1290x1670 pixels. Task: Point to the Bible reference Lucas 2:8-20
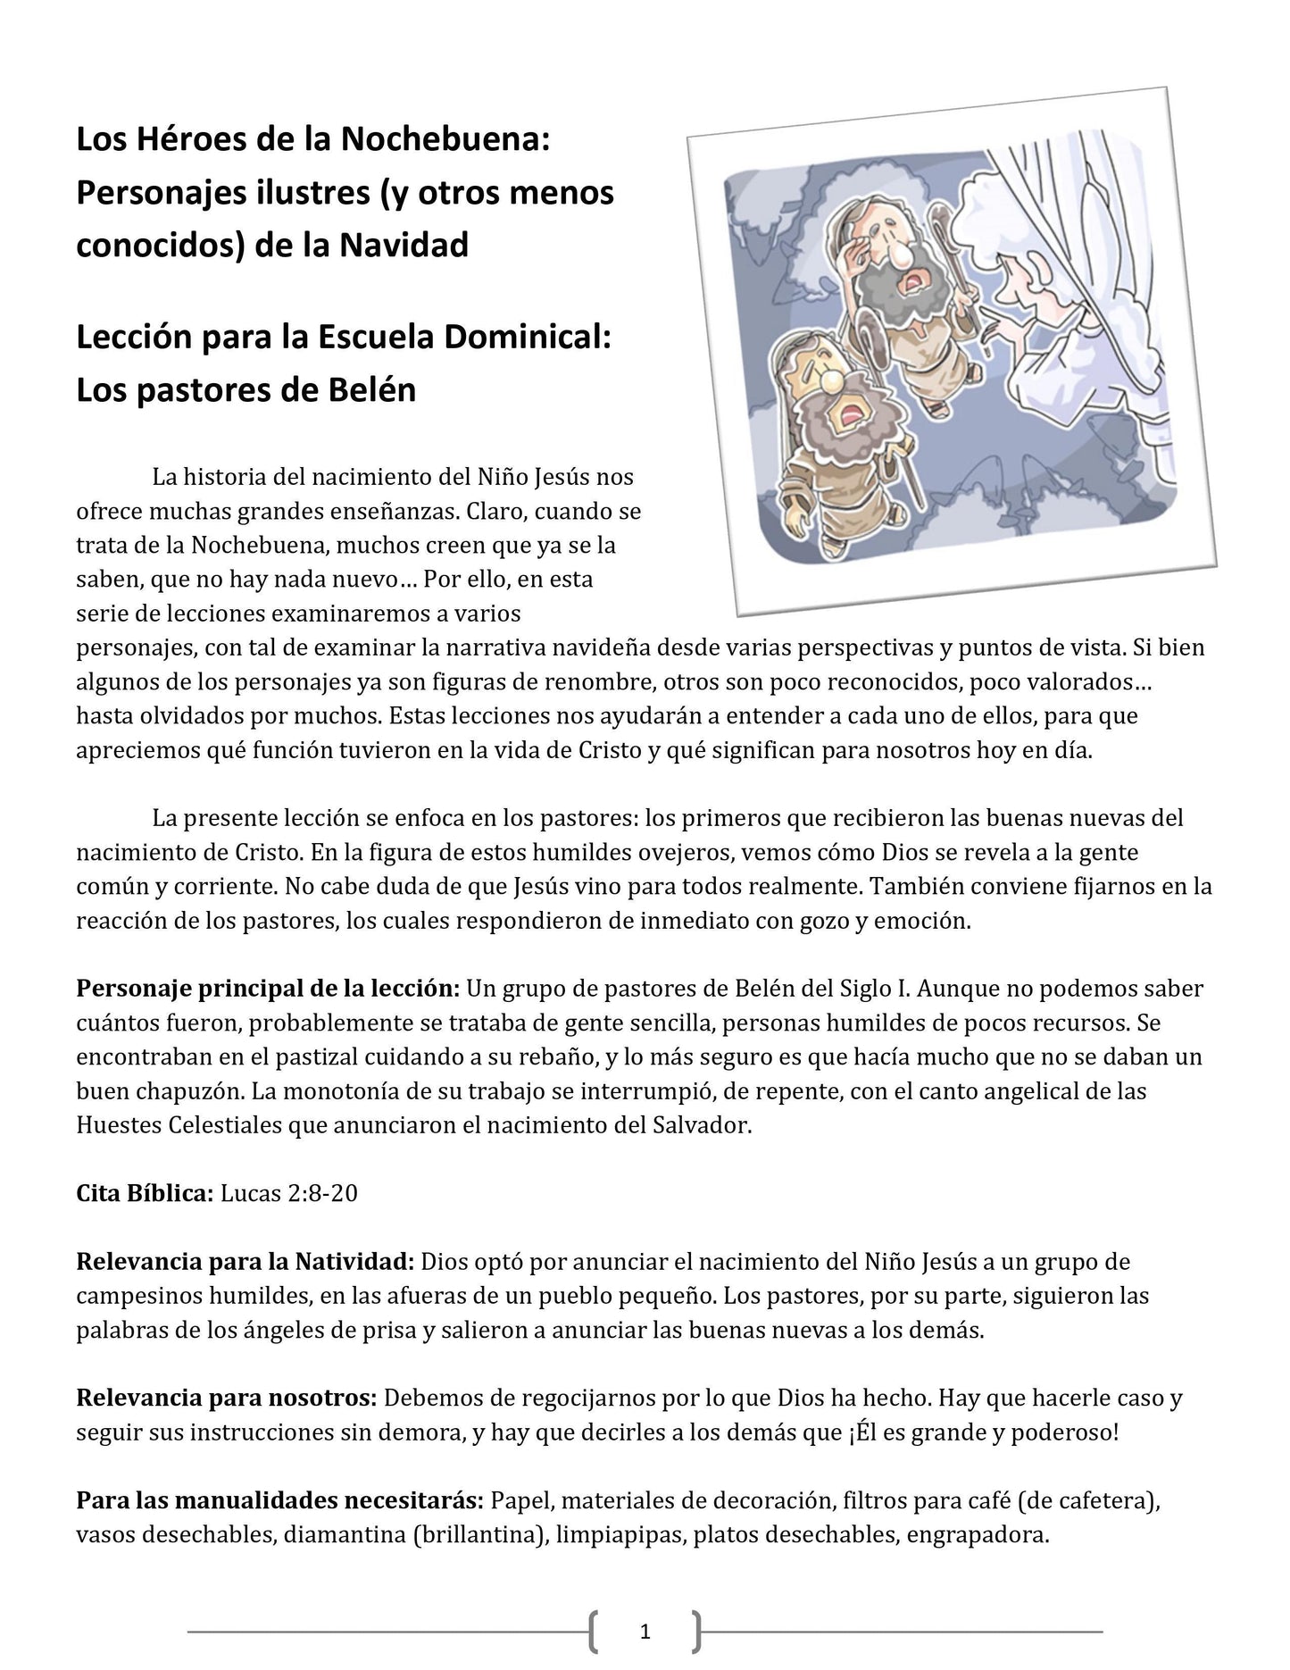(288, 1193)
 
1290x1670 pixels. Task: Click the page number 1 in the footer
(645, 1632)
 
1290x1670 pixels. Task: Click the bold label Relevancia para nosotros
(227, 1398)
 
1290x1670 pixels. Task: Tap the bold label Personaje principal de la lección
(268, 989)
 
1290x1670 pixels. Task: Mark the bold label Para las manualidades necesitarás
(280, 1500)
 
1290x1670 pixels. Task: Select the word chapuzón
(185, 1091)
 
